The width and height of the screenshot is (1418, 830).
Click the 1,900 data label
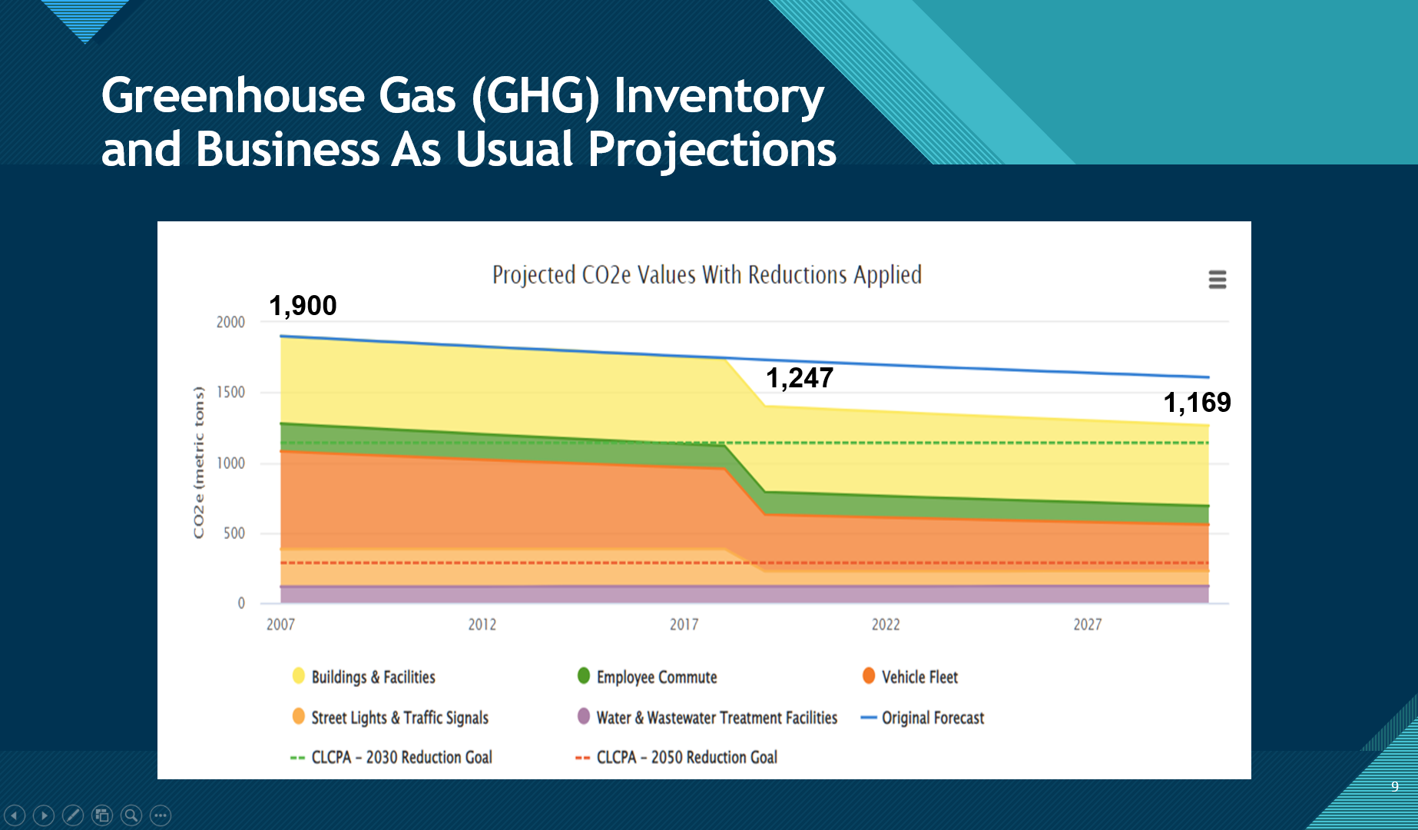pos(303,306)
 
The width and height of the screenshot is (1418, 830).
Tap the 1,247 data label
pos(800,378)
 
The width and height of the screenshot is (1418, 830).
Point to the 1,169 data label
pos(1197,403)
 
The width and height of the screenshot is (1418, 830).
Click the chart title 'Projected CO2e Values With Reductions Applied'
pos(707,275)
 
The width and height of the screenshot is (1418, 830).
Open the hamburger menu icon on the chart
pos(1217,279)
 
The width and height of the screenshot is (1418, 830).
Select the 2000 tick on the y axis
pos(230,322)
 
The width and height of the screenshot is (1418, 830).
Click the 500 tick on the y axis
pos(234,533)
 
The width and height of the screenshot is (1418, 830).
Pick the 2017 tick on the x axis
pos(684,625)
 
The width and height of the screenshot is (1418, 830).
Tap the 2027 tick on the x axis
pos(1087,625)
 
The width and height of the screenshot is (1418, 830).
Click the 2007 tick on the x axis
pos(280,625)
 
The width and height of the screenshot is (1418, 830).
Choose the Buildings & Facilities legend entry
pos(373,677)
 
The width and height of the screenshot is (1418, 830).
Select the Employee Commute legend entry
pos(656,677)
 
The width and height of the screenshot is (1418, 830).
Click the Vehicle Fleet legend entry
pos(919,677)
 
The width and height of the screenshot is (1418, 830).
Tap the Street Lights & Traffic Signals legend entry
pos(399,718)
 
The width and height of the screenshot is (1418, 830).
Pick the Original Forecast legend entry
pos(932,718)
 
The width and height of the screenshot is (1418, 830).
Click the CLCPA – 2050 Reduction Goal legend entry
pos(686,758)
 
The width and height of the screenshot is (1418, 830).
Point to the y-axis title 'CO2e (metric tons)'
pos(199,463)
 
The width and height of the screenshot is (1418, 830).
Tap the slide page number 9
pos(1395,786)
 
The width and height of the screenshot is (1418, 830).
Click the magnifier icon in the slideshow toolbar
pos(131,815)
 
